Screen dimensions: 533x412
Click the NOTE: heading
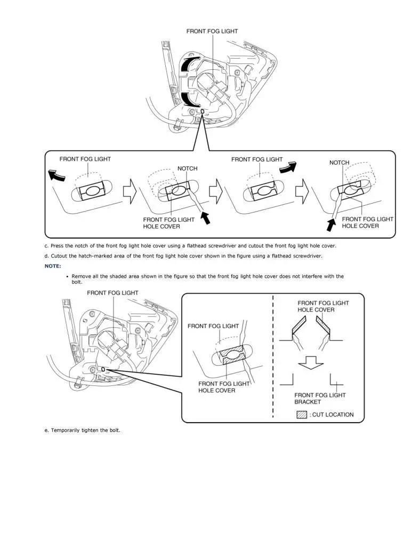point(53,265)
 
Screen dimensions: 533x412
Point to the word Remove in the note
point(80,276)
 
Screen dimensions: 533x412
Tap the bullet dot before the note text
point(67,276)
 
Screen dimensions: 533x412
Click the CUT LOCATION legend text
point(333,414)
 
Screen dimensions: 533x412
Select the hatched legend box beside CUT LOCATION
point(302,414)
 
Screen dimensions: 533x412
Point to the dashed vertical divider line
point(273,357)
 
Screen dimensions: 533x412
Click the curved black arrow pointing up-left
point(55,174)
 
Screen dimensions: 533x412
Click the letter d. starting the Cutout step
point(46,256)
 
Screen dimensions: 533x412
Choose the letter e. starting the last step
point(46,430)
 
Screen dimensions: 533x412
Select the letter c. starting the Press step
point(46,246)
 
